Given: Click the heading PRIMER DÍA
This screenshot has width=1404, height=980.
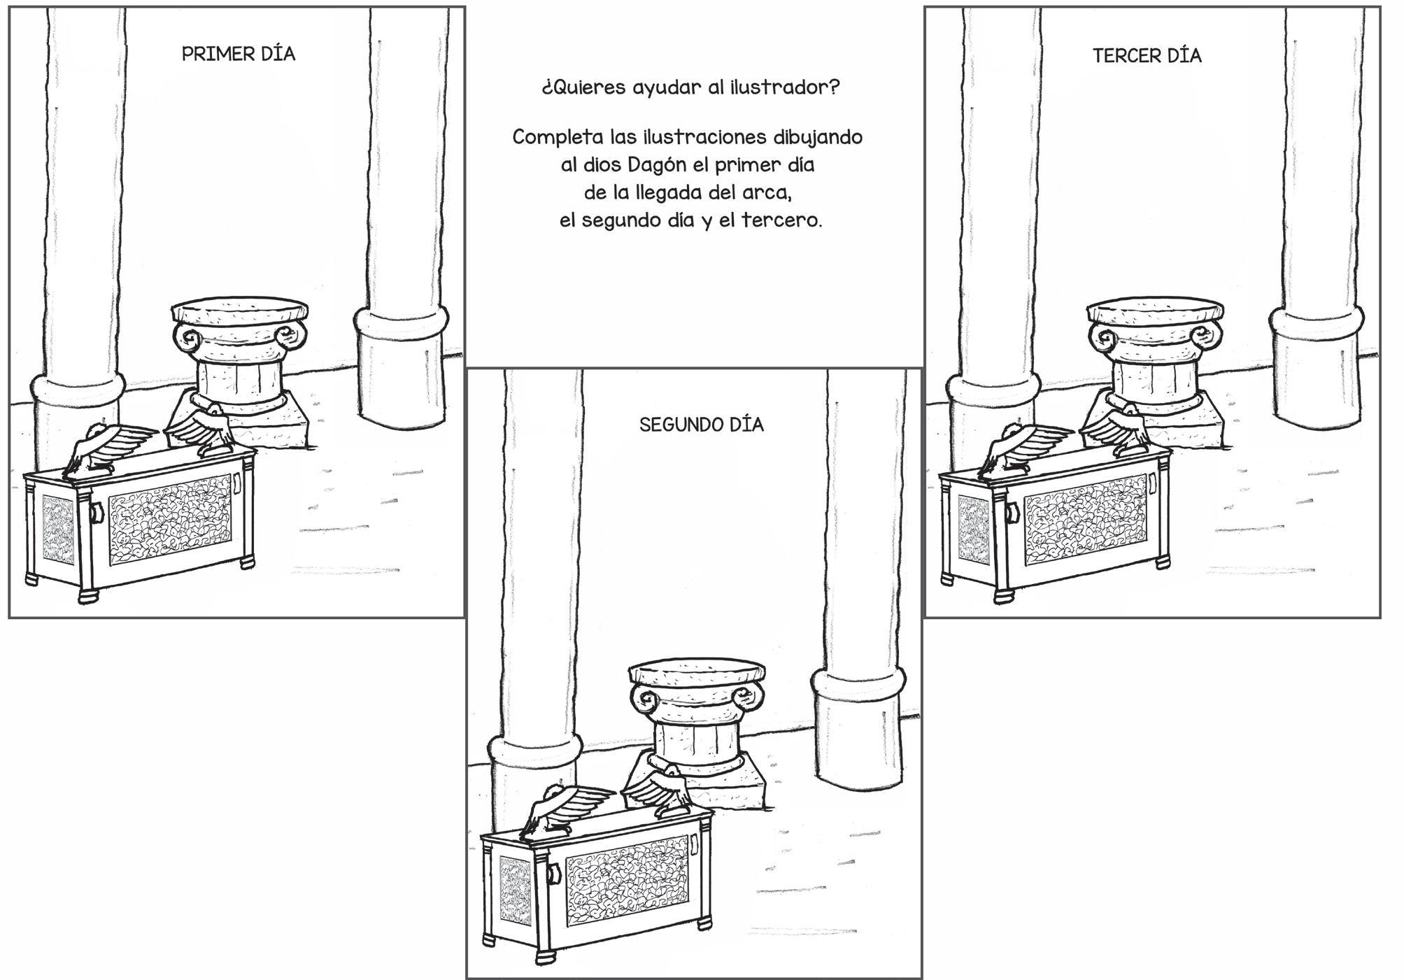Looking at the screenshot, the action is pyautogui.click(x=239, y=54).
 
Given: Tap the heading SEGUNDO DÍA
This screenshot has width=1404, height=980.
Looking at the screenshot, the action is pyautogui.click(x=701, y=425).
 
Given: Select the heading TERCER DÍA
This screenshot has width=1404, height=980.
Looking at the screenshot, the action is pyautogui.click(x=1147, y=55).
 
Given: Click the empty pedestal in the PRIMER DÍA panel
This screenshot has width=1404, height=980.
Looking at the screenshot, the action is pyautogui.click(x=240, y=364).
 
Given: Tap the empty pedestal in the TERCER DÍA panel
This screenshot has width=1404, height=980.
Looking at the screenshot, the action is pyautogui.click(x=1156, y=364).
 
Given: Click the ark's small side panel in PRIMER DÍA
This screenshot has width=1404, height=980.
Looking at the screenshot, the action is pyautogui.click(x=58, y=529).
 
